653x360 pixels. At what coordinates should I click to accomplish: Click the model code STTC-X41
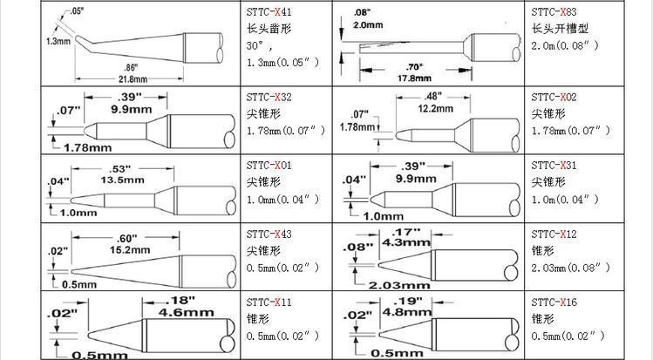click(269, 11)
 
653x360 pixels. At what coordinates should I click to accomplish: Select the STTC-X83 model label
click(554, 11)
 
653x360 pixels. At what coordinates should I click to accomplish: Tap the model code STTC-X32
click(269, 97)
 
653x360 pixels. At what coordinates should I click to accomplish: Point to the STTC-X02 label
click(554, 97)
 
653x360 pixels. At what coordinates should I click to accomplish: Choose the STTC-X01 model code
click(269, 166)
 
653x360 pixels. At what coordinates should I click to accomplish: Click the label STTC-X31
click(554, 166)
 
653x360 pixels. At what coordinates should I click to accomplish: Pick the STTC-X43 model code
click(269, 234)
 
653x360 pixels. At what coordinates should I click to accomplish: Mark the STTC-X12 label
click(554, 234)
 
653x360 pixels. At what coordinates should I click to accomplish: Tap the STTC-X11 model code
click(269, 302)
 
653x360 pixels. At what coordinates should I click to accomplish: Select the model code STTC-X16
click(554, 302)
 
